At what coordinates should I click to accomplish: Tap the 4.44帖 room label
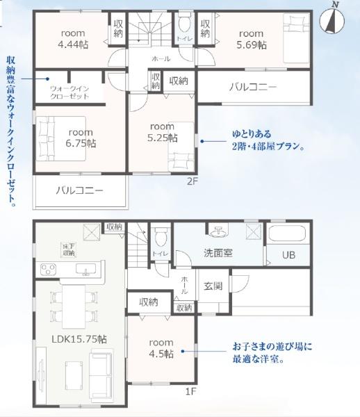[73, 39]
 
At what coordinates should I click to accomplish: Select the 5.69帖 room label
[252, 40]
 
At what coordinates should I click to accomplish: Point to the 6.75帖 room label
[81, 138]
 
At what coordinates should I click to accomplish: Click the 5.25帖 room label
[162, 132]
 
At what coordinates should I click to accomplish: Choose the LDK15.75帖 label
[79, 339]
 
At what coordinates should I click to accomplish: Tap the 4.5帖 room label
[161, 348]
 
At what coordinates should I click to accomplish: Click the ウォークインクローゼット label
[69, 92]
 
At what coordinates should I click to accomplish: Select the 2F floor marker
[193, 181]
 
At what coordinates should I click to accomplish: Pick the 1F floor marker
[190, 392]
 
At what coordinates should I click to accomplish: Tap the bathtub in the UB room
[287, 234]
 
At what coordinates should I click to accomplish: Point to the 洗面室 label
[218, 253]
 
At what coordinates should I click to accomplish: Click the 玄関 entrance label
[213, 286]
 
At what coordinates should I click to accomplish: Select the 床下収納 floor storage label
[68, 250]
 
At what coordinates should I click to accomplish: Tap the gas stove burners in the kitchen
[48, 269]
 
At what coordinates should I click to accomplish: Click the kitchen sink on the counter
[86, 269]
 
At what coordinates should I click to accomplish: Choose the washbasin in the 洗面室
[218, 231]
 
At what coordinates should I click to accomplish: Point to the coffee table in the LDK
[74, 371]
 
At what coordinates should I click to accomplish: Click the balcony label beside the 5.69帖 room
[253, 87]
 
